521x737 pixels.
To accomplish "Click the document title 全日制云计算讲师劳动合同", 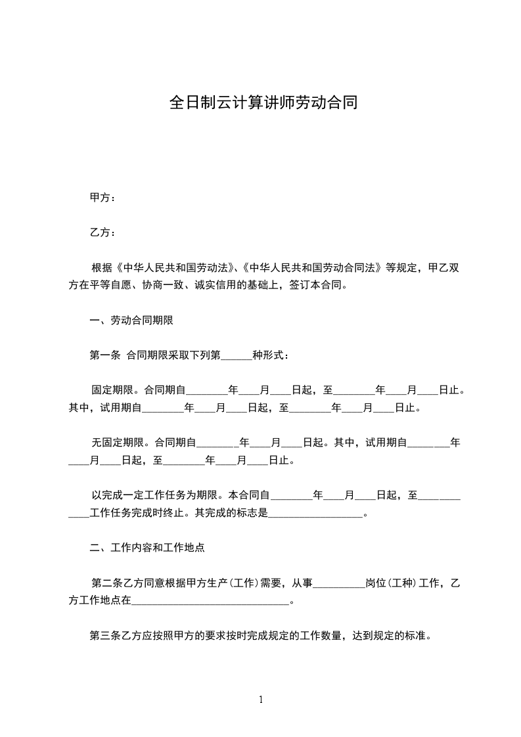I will (x=263, y=103).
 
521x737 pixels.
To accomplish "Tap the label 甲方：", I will (x=102, y=198).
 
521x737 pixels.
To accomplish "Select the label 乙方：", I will (x=102, y=233).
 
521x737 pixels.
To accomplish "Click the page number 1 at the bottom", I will (x=261, y=699).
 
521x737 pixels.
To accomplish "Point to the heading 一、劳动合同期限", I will (x=131, y=321).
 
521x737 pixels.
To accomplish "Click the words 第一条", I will (x=104, y=355).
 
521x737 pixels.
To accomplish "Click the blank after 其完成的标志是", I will (x=315, y=513).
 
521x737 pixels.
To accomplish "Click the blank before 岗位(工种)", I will (x=339, y=583).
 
